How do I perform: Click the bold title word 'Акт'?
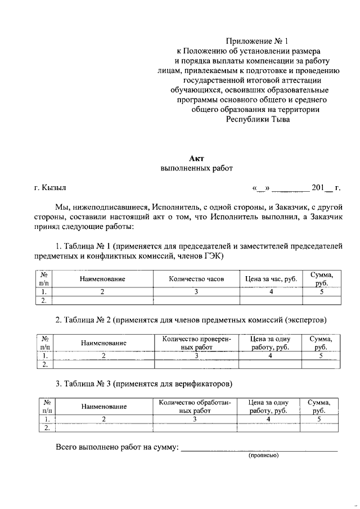tap(196, 159)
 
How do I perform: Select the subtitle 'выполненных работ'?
tap(196, 168)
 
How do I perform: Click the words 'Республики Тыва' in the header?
tap(258, 119)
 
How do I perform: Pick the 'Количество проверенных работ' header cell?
tap(196, 343)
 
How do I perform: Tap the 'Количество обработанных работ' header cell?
tap(195, 407)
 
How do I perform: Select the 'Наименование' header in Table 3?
tap(103, 407)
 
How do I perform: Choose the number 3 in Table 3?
tap(195, 420)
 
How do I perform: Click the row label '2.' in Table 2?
tap(43, 364)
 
